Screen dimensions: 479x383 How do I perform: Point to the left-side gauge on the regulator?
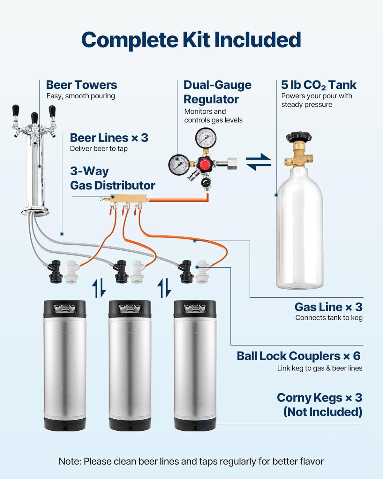click(x=179, y=165)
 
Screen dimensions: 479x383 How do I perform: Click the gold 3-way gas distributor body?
click(x=128, y=199)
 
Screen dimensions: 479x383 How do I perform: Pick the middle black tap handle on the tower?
click(x=34, y=118)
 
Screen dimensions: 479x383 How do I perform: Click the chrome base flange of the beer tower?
click(x=35, y=211)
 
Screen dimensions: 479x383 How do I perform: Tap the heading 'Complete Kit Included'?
click(x=191, y=40)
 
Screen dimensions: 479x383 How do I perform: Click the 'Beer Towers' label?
click(x=81, y=85)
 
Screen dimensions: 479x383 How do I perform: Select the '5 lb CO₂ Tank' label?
click(x=319, y=85)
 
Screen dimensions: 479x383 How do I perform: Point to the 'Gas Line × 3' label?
click(x=328, y=307)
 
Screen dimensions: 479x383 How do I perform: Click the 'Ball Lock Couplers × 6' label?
click(x=298, y=356)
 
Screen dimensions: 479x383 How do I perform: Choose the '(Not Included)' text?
click(x=323, y=412)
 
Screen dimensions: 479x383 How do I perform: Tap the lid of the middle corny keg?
click(x=130, y=308)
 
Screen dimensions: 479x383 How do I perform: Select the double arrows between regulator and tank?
click(x=258, y=162)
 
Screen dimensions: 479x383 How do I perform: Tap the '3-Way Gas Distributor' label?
click(x=112, y=178)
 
